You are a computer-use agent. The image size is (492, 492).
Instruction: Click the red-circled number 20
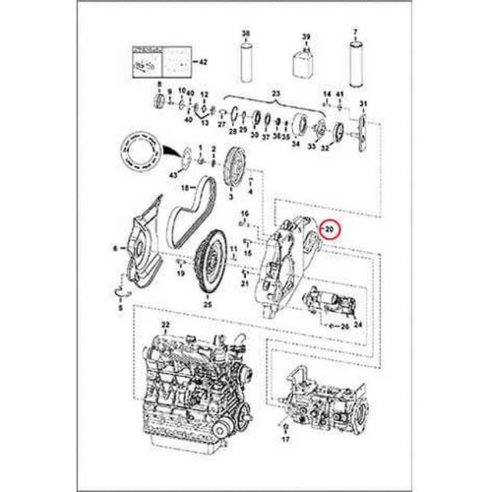(x=331, y=229)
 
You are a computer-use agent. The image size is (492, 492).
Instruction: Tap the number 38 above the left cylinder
(x=246, y=32)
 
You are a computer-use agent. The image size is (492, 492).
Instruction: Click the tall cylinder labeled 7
(x=355, y=62)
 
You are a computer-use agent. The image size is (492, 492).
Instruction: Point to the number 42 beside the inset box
(x=204, y=61)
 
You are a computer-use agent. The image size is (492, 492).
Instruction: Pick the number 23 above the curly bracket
(x=277, y=92)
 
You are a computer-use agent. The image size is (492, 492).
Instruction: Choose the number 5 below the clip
(x=120, y=309)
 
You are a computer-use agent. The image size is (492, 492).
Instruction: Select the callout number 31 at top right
(x=363, y=103)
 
